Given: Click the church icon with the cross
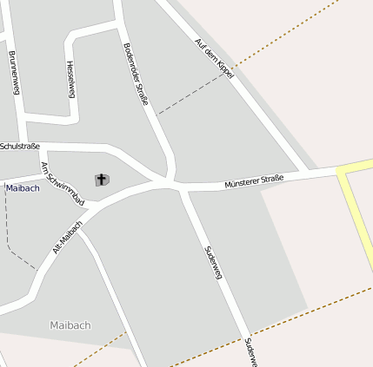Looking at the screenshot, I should (x=101, y=180).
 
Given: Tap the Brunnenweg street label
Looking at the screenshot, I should (x=13, y=73).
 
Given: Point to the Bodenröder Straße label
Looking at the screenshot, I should (x=137, y=74).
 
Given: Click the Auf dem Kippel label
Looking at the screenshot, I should (x=215, y=57).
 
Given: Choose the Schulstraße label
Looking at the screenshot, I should (x=20, y=146).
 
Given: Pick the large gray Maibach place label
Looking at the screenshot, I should (x=70, y=325).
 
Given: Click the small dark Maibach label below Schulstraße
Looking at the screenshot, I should (x=23, y=188).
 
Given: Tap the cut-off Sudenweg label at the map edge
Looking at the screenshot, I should (x=250, y=351).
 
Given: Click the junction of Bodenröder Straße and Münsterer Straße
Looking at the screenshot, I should (x=174, y=183).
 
